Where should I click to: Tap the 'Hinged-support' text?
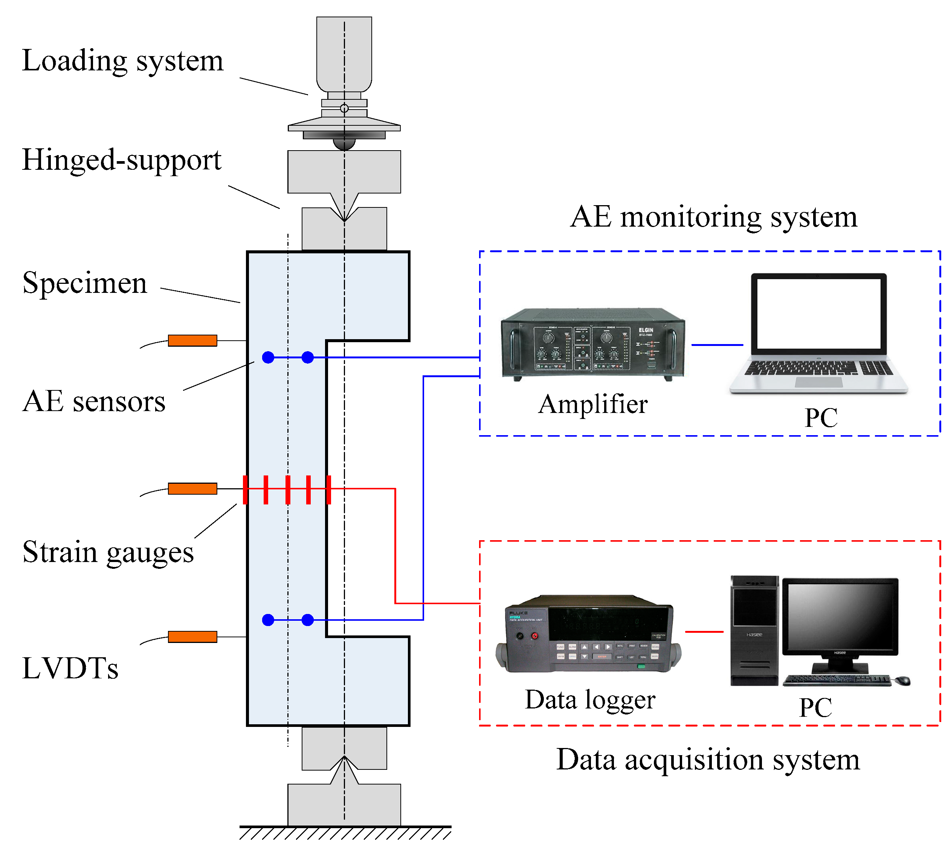122,160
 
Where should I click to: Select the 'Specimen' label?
85,283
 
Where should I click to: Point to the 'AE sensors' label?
93,402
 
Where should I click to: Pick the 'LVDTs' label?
70,668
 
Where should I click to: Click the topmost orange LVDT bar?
192,340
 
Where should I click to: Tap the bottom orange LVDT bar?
192,637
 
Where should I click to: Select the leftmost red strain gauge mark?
245,489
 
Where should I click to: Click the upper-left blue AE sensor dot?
268,357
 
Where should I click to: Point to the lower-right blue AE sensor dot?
307,620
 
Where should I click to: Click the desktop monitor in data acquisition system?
840,617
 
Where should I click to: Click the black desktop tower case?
754,631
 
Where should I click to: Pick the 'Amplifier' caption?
592,404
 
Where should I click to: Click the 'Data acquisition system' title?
707,760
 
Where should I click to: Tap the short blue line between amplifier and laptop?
717,345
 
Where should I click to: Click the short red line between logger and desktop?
704,631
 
